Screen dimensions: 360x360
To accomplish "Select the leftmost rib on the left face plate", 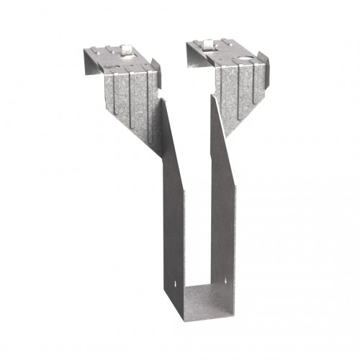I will click(x=115, y=94).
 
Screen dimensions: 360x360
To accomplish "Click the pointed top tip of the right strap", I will click(x=213, y=94).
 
